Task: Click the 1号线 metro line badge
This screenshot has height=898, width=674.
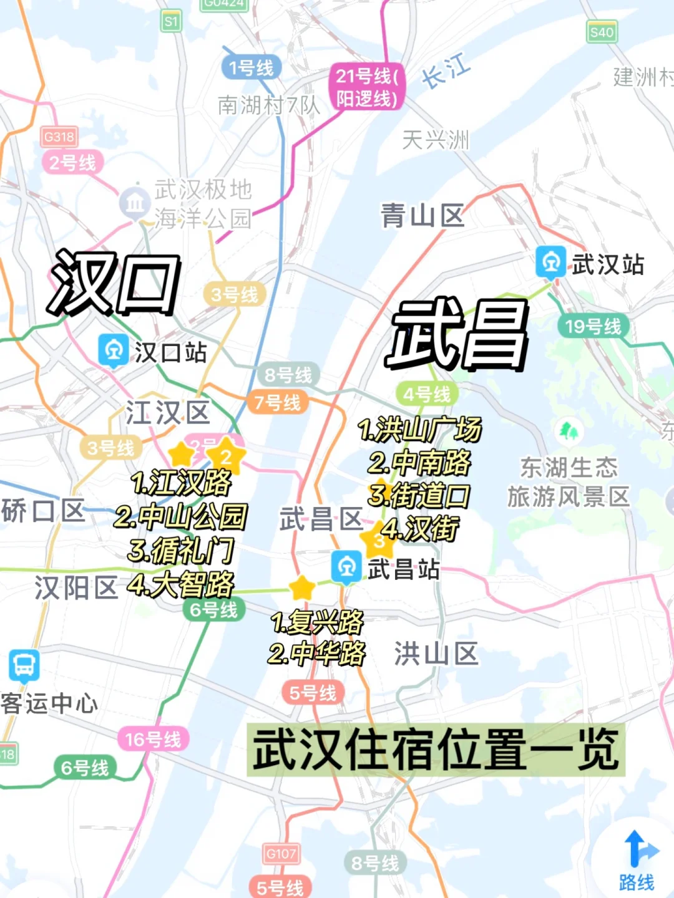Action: coord(251,67)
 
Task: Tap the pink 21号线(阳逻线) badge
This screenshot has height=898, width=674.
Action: coord(367,87)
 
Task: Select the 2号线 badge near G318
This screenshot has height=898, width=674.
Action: coord(72,163)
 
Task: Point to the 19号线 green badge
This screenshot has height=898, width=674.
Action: coord(593,326)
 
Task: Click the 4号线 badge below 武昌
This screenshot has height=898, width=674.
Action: coord(427,394)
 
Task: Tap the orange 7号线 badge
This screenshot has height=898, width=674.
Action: coord(277,402)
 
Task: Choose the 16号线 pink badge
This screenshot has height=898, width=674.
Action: coord(153,739)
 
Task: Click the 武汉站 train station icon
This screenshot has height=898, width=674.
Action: coord(550,262)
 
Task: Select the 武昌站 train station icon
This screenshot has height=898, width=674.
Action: coord(346,567)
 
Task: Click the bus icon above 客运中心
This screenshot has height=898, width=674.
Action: coord(24,665)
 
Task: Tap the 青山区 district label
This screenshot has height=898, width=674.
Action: coord(422,216)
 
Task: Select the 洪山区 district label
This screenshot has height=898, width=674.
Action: coord(436,654)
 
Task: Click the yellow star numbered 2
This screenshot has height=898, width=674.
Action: coord(225,456)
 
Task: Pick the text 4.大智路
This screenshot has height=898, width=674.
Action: coord(180,585)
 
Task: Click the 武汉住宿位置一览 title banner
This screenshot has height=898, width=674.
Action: coord(436,749)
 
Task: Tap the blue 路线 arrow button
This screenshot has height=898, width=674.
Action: coord(637,861)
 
